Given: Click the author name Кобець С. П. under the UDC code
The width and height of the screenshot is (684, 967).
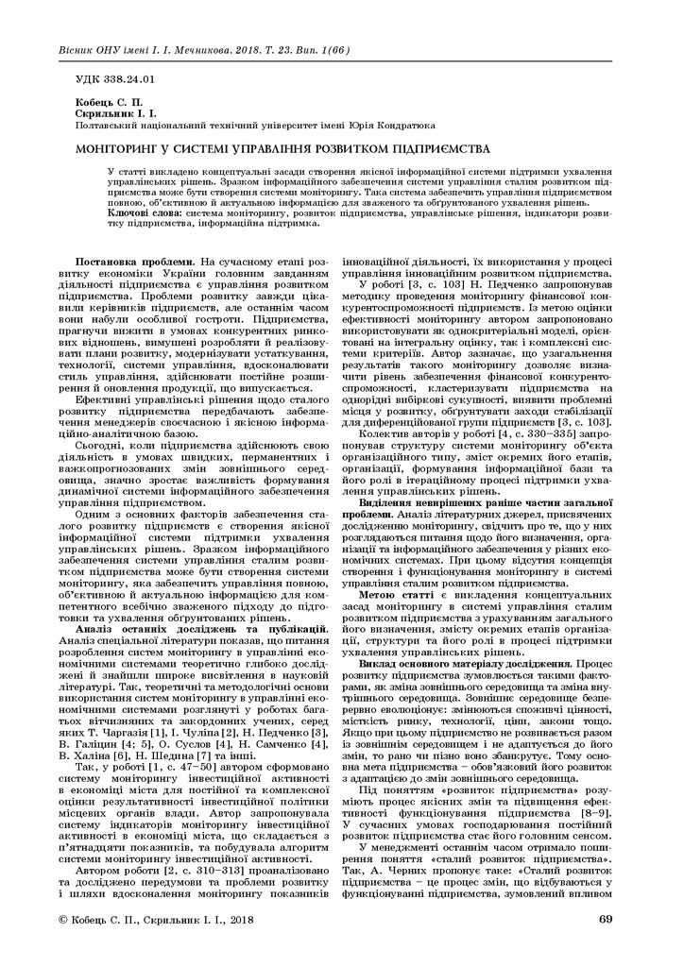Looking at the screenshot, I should point(102,102).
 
